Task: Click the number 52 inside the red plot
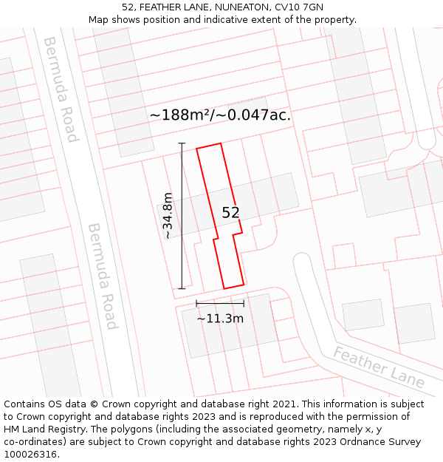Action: pyautogui.click(x=230, y=213)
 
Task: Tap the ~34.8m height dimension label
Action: pyautogui.click(x=168, y=215)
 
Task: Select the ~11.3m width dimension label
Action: pyautogui.click(x=220, y=319)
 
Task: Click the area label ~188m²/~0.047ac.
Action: pyautogui.click(x=220, y=115)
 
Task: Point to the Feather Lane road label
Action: pyautogui.click(x=379, y=367)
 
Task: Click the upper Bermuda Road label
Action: pyautogui.click(x=61, y=89)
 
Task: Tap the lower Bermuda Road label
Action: pyautogui.click(x=102, y=276)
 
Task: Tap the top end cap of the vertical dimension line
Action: pyautogui.click(x=182, y=143)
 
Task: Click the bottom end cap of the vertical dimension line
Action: pyautogui.click(x=182, y=288)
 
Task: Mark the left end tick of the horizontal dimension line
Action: pyautogui.click(x=196, y=303)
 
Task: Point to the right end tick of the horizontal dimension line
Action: pyautogui.click(x=244, y=303)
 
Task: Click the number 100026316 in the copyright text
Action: pyautogui.click(x=32, y=455)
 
